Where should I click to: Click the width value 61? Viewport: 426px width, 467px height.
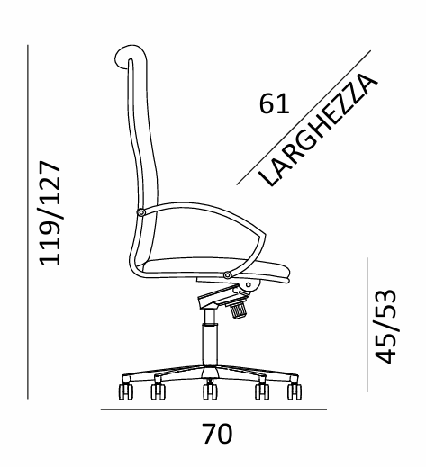click(274, 103)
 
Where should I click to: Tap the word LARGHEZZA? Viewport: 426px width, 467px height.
click(318, 130)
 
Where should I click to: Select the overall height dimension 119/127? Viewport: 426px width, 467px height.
click(50, 213)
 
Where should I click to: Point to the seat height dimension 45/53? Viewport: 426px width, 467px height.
click(385, 326)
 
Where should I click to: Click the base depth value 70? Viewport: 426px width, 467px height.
click(217, 434)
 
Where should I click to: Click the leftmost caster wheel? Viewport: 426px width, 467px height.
click(126, 391)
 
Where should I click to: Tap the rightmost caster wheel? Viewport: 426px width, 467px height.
click(295, 391)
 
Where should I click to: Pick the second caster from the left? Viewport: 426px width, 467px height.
click(159, 391)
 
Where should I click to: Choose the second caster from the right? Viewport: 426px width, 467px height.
click(262, 391)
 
